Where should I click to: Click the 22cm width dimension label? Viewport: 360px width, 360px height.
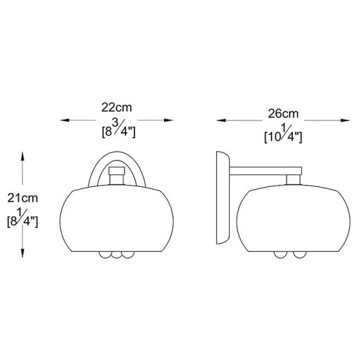(x=116, y=107)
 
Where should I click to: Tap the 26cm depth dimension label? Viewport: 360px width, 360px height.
(x=283, y=114)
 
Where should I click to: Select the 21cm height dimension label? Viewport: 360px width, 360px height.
(x=23, y=198)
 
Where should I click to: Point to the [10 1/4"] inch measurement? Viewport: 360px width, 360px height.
(x=283, y=136)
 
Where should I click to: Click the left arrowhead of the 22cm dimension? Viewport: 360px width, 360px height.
(x=64, y=120)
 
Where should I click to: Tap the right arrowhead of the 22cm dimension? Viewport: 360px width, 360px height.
(x=168, y=120)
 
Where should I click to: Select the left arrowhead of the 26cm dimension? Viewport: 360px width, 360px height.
(x=221, y=120)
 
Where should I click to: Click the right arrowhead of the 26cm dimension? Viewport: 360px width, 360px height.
(x=345, y=120)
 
